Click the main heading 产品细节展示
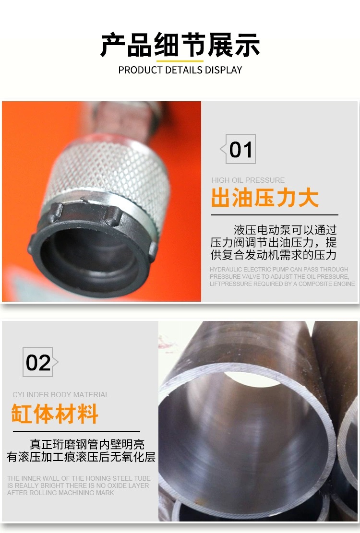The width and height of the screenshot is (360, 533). [180, 45]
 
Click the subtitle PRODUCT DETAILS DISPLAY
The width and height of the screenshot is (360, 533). [180, 70]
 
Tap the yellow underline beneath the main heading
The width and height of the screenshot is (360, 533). [180, 61]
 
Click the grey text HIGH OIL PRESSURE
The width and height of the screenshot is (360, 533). [248, 180]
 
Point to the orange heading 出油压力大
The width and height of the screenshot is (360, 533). [265, 198]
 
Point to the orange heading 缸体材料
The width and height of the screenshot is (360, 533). [55, 414]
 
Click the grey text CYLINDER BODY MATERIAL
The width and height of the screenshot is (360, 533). [60, 395]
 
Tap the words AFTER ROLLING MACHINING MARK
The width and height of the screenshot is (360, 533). [60, 493]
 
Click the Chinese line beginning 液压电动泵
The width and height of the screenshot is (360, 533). [285, 230]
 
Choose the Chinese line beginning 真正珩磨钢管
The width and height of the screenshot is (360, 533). [87, 444]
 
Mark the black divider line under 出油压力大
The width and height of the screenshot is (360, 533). [275, 215]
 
